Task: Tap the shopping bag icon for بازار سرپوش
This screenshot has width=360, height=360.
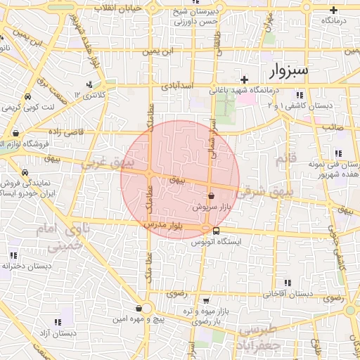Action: (212, 196)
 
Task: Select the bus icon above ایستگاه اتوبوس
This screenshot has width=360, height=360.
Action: (216, 230)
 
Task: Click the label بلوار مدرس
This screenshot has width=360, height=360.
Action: (164, 224)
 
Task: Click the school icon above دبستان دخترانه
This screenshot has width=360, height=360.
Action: (13, 255)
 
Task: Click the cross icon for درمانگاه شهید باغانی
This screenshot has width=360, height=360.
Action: (245, 79)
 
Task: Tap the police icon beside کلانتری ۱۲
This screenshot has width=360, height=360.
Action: (89, 85)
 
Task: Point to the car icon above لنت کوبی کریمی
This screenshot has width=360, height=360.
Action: (26, 97)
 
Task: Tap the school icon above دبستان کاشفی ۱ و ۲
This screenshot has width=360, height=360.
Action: (300, 95)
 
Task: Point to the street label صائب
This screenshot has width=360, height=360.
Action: (331, 128)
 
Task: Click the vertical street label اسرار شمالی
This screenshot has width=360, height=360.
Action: (212, 130)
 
